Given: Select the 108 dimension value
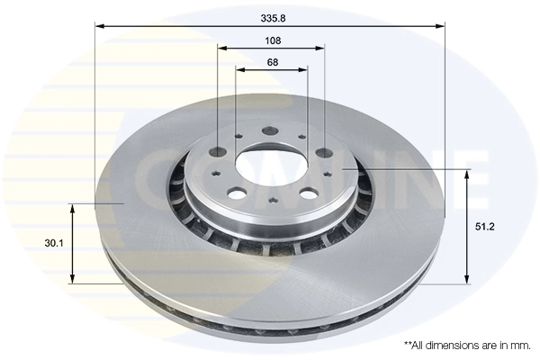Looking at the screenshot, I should pyautogui.click(x=273, y=40).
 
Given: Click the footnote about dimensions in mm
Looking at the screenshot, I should pyautogui.click(x=466, y=346).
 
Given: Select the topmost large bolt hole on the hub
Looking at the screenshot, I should pyautogui.click(x=271, y=131).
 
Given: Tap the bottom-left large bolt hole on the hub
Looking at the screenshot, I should pyautogui.click(x=236, y=192).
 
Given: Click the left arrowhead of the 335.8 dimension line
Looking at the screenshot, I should pyautogui.click(x=99, y=26).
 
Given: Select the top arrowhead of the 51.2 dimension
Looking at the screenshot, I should pyautogui.click(x=466, y=173).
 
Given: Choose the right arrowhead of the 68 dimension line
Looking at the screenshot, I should pyautogui.click(x=304, y=69).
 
